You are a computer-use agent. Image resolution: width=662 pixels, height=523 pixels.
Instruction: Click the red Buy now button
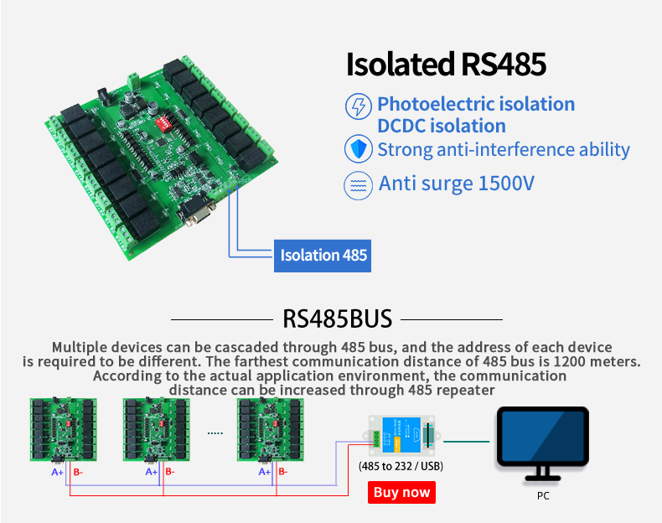(x=402, y=492)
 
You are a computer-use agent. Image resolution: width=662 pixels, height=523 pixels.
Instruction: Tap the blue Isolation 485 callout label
(x=323, y=255)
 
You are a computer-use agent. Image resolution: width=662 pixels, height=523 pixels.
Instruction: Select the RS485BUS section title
(x=338, y=318)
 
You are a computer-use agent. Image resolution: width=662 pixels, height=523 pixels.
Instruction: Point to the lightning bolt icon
(x=358, y=106)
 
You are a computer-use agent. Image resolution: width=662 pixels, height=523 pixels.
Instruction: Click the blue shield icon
(x=358, y=150)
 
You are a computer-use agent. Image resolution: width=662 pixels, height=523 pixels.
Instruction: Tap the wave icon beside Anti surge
(x=358, y=184)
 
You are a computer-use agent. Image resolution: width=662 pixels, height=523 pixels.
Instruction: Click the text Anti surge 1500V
(x=456, y=184)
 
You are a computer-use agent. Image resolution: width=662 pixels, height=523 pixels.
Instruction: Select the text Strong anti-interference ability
(x=503, y=150)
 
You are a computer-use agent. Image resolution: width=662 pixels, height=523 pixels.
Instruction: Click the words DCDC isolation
(x=441, y=127)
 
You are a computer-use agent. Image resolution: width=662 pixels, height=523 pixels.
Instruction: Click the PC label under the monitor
(x=543, y=495)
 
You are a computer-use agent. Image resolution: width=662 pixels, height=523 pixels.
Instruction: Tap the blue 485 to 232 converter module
(x=401, y=438)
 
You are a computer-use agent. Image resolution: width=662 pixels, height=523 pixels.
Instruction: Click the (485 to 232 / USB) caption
(x=401, y=466)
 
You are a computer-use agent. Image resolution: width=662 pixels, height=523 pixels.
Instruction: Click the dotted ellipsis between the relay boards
(x=215, y=433)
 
